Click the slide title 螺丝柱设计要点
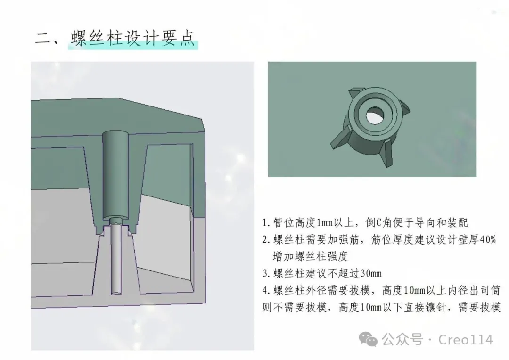click(133, 38)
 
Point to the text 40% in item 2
click(487, 240)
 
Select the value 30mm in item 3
click(370, 274)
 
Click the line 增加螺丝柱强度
click(310, 257)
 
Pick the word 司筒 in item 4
click(490, 291)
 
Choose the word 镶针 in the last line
click(446, 308)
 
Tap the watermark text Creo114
click(465, 339)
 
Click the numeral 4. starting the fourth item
click(266, 291)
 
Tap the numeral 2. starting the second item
click(266, 240)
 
